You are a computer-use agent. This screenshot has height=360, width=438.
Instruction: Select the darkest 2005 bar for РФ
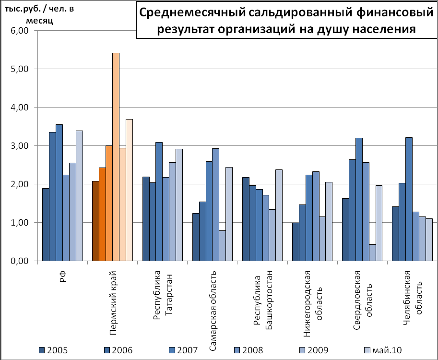tap(46, 225)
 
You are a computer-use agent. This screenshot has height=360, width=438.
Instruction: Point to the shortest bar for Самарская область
tap(222, 246)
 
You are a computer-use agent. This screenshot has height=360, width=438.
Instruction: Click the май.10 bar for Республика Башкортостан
tap(279, 216)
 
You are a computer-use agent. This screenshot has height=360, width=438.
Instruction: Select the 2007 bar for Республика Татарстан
tap(159, 202)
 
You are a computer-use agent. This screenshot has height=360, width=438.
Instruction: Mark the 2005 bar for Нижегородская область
tap(296, 242)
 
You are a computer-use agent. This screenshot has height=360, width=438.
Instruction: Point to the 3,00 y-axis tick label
tap(20, 146)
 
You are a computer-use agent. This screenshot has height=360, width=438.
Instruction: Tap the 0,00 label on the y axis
tap(20, 261)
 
